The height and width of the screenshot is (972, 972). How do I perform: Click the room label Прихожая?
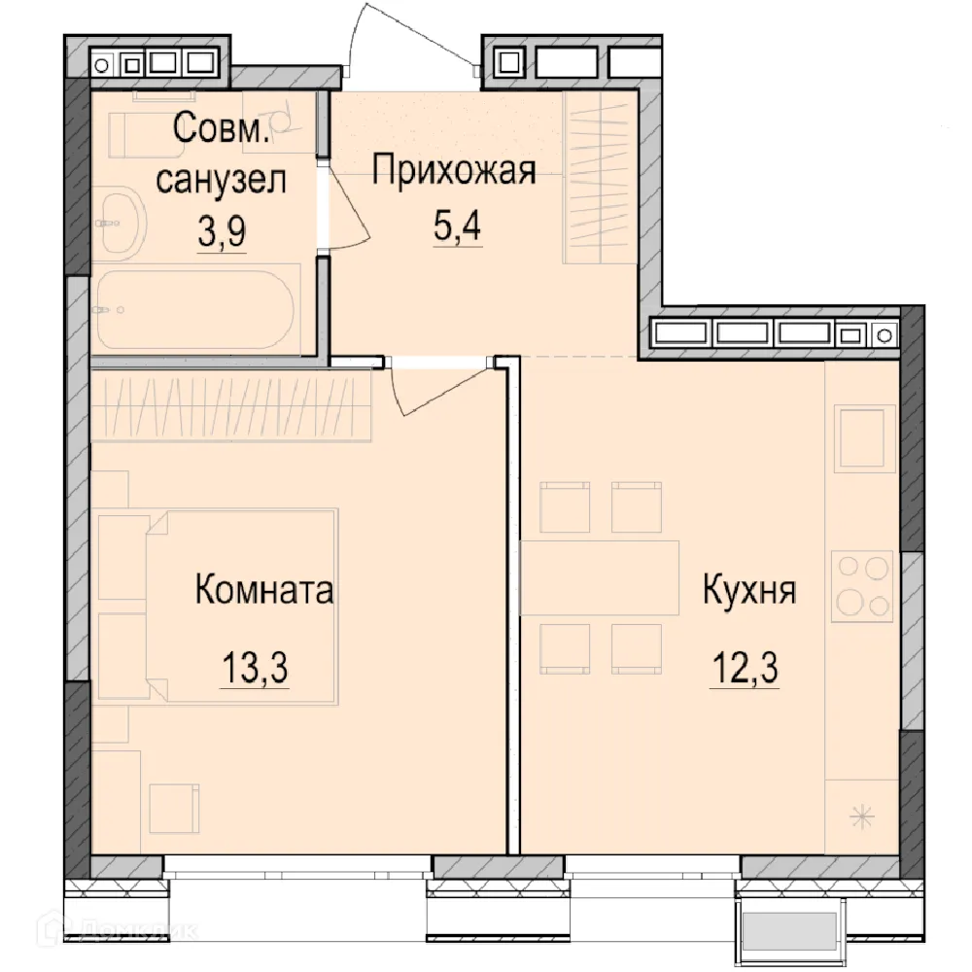pyautogui.click(x=455, y=172)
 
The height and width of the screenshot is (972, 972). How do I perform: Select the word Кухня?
pyautogui.click(x=750, y=591)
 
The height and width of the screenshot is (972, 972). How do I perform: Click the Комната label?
pyautogui.click(x=264, y=590)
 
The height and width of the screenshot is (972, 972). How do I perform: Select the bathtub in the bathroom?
pyautogui.click(x=194, y=310)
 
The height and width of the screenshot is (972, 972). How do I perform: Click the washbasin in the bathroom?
pyautogui.click(x=122, y=223)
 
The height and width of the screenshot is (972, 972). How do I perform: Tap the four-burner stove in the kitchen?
pyautogui.click(x=862, y=586)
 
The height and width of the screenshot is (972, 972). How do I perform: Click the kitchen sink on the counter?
pyautogui.click(x=862, y=438)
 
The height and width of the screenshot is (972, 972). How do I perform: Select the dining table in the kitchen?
pyautogui.click(x=600, y=578)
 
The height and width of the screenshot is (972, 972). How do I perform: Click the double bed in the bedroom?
pyautogui.click(x=241, y=606)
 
